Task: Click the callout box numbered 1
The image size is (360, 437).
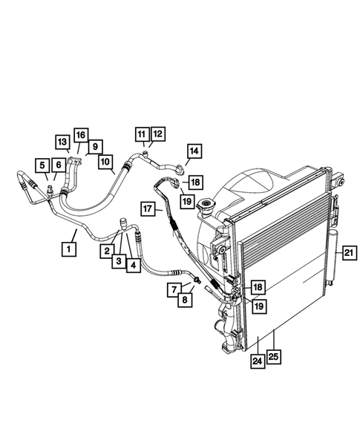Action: point(68,251)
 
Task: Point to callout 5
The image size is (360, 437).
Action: point(43,165)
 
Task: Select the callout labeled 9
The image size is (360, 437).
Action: point(96,146)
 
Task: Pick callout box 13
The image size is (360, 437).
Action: point(62,141)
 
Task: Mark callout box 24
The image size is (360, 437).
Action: point(257,362)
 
